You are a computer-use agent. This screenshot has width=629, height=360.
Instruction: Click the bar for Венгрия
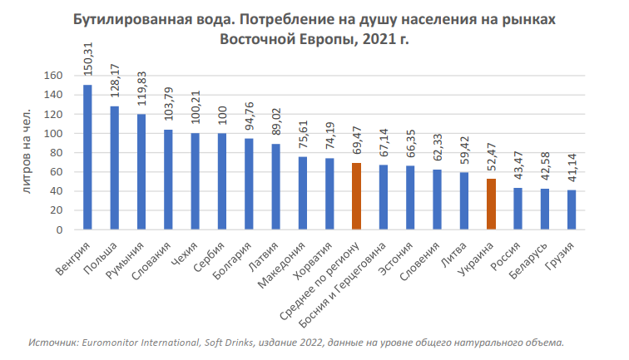point(87,157)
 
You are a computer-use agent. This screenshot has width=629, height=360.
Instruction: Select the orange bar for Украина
point(491,204)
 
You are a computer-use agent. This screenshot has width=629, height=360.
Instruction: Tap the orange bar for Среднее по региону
point(356,196)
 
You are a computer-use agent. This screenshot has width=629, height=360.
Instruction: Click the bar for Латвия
point(276,186)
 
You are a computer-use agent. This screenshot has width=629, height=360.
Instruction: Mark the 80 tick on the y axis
point(57,153)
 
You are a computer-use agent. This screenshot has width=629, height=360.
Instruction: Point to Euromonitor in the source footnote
point(111,342)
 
